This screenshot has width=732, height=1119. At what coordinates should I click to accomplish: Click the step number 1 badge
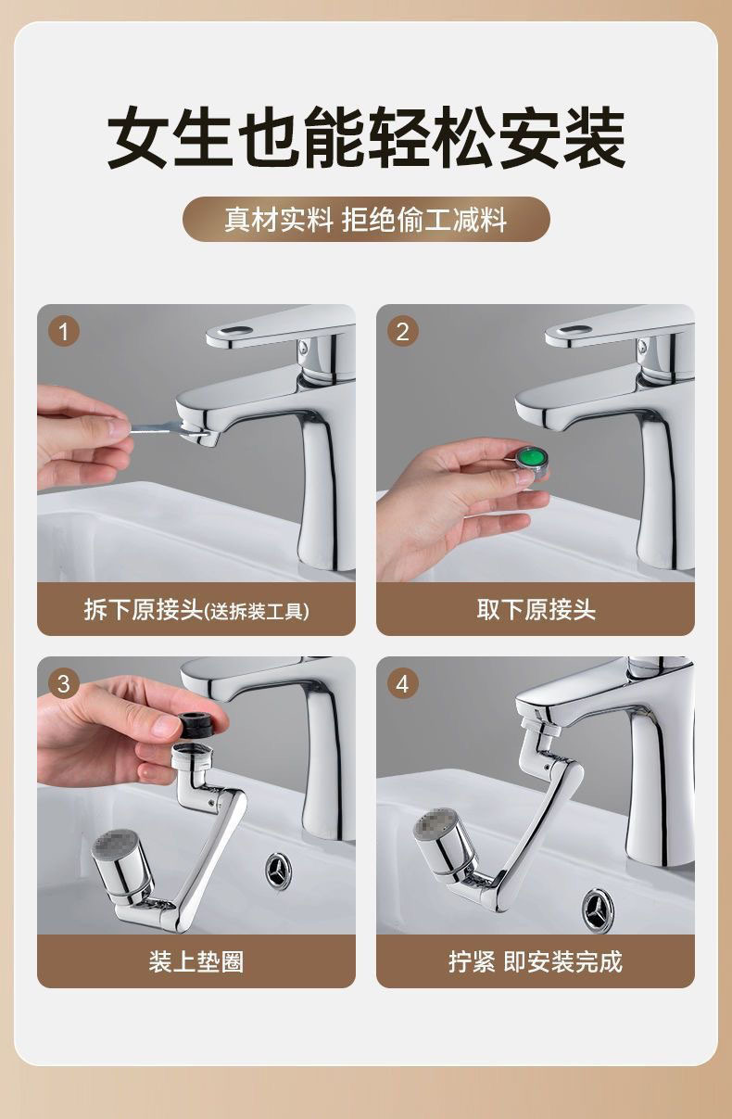63,331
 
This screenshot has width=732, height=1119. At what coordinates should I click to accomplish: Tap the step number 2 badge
402,331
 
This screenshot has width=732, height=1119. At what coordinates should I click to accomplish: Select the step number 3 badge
63,683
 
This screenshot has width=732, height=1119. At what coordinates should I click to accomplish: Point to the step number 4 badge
402,683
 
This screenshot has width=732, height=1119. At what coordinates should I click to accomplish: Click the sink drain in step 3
279,871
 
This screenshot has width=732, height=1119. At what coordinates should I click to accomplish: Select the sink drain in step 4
598,910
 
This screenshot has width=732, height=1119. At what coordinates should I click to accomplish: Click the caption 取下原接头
536,610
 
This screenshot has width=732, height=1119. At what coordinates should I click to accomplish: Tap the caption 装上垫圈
196,961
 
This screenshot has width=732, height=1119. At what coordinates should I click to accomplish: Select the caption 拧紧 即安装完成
536,961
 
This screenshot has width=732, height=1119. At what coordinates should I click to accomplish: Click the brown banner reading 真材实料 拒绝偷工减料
366,220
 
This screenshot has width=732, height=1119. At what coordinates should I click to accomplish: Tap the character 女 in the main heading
137,137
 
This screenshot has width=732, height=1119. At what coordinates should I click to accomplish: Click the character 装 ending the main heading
594,137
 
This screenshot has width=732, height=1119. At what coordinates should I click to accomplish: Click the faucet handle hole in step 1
234,331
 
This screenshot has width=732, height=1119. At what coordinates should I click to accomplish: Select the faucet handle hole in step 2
574,331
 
